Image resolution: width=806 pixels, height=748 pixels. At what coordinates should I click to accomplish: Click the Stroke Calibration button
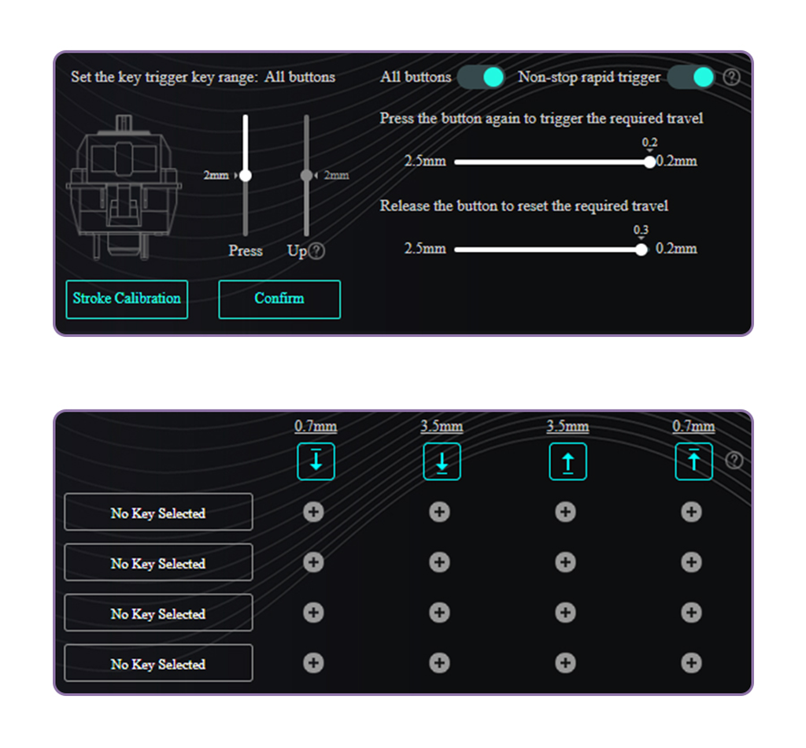click(127, 299)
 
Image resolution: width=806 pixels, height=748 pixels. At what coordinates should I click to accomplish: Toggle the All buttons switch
click(481, 77)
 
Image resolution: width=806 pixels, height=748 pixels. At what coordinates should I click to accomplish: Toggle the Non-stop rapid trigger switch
click(691, 77)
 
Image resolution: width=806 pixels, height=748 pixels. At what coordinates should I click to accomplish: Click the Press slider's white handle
click(246, 176)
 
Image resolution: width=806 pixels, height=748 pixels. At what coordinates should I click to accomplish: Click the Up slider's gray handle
click(306, 176)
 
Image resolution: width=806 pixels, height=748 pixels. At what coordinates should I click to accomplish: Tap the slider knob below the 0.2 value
click(649, 162)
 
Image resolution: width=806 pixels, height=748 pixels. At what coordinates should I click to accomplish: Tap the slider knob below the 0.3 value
click(641, 250)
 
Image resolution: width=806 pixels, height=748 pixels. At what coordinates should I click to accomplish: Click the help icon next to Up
click(316, 251)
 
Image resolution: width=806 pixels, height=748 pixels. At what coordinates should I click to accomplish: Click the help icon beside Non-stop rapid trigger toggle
click(731, 77)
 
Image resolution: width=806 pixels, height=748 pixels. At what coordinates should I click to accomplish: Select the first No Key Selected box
click(158, 512)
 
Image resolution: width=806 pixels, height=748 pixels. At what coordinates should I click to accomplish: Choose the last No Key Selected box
click(158, 663)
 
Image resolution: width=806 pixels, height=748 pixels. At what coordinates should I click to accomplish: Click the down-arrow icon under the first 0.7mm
click(316, 461)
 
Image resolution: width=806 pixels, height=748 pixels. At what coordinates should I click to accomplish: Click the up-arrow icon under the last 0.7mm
click(694, 461)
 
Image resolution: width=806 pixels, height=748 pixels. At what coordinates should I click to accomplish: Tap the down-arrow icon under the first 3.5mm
click(442, 461)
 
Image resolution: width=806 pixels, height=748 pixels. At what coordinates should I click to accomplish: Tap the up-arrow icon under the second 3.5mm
click(568, 461)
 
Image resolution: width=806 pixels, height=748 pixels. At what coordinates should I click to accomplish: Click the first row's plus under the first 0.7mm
click(313, 512)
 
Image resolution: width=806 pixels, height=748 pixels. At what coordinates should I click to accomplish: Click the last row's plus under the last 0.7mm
click(691, 663)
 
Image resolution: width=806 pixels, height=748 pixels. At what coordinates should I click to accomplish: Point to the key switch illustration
click(124, 187)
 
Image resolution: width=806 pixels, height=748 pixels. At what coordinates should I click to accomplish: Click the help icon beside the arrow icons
click(734, 460)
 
